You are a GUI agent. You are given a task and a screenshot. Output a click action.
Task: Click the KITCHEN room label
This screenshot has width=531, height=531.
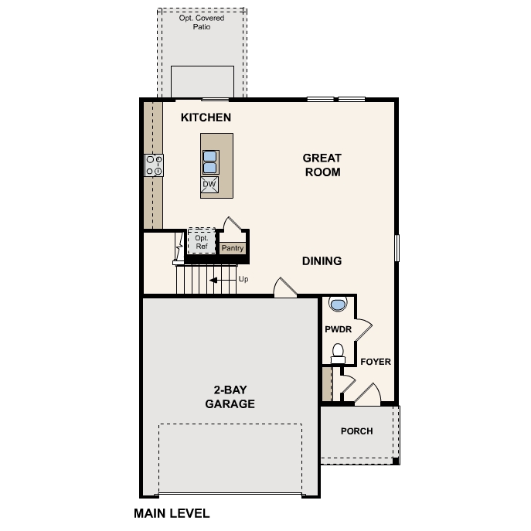(206, 117)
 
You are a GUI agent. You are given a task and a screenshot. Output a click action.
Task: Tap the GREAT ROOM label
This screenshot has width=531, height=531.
(322, 165)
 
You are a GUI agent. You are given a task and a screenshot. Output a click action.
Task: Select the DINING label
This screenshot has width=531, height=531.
(322, 261)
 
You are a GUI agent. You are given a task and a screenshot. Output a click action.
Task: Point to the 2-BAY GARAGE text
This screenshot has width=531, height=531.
(230, 397)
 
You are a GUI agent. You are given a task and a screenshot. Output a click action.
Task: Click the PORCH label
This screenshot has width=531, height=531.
(356, 431)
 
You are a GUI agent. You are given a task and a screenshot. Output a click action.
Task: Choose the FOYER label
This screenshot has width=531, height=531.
(376, 362)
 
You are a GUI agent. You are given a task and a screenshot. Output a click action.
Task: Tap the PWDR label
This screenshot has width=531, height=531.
(338, 329)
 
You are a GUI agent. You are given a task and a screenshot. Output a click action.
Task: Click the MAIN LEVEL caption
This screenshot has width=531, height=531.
(172, 513)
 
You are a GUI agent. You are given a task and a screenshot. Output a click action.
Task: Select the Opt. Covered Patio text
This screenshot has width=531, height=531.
(203, 22)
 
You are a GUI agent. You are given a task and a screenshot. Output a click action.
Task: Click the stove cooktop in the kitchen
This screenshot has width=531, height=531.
(154, 165)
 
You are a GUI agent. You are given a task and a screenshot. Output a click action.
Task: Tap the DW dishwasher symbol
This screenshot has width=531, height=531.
(209, 185)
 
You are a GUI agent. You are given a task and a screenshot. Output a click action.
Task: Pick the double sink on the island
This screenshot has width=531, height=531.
(209, 161)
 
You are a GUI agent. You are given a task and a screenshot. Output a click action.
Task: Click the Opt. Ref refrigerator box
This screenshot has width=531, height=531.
(201, 241)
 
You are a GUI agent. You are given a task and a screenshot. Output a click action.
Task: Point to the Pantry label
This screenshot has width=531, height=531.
(233, 248)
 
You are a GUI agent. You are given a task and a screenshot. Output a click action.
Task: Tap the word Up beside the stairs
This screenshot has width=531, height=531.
(243, 279)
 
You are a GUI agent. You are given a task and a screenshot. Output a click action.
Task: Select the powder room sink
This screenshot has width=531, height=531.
(337, 305)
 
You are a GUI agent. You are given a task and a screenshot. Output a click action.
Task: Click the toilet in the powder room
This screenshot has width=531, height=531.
(337, 353)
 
